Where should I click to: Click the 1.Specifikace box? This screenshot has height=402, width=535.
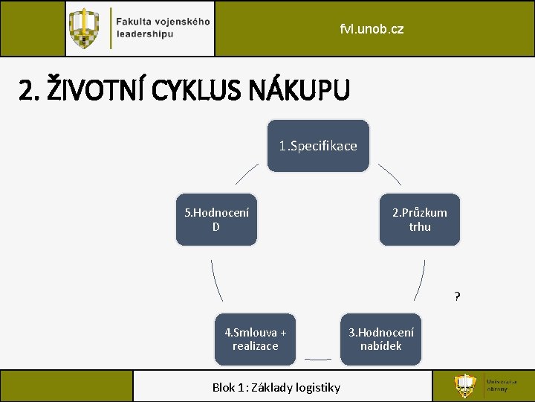tap(318, 146)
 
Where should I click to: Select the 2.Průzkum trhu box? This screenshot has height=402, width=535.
tap(420, 220)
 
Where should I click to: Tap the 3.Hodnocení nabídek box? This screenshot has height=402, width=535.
tap(381, 339)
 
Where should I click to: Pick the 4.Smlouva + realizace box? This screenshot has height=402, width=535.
tap(255, 339)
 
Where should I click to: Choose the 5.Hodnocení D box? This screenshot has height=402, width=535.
tap(216, 220)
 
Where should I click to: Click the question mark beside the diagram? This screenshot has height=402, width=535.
tap(458, 297)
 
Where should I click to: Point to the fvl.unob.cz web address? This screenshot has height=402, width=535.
tap(372, 30)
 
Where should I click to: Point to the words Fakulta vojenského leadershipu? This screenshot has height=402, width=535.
tap(163, 28)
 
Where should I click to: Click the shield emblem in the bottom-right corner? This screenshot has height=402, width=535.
tap(466, 386)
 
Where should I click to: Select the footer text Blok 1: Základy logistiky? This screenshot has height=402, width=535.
tap(276, 387)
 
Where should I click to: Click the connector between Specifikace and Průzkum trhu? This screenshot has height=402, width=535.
tap(390, 175)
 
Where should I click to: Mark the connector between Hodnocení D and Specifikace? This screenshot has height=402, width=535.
tap(247, 175)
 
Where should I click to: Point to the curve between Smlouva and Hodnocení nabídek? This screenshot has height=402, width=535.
tap(318, 359)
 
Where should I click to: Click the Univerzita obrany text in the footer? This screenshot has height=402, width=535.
tap(497, 386)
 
